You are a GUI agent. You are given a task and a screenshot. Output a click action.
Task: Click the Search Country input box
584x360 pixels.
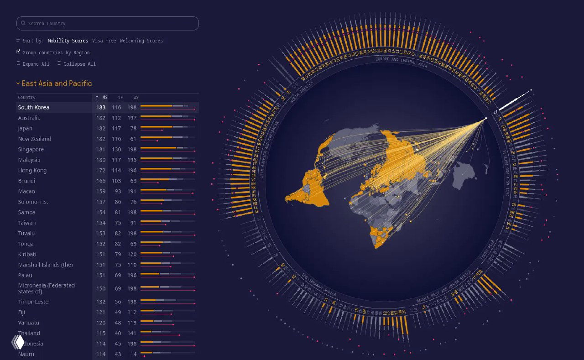tap(107, 23)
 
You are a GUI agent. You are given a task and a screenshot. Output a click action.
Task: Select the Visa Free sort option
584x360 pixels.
tap(104, 41)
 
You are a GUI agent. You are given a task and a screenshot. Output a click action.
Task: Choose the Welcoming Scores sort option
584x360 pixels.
tap(141, 41)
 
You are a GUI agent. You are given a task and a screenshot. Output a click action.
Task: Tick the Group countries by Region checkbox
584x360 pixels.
tap(19, 52)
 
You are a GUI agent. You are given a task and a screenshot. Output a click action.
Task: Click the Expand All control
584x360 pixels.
tap(33, 64)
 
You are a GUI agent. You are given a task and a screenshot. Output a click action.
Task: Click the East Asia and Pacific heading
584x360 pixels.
tap(57, 83)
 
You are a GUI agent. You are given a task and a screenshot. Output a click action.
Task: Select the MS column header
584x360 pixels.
tap(102, 97)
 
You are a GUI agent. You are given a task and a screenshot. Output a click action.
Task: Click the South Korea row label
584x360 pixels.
tap(34, 107)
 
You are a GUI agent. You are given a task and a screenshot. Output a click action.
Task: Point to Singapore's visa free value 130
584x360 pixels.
tap(116, 149)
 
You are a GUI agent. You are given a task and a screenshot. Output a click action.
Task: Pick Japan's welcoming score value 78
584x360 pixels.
tap(133, 128)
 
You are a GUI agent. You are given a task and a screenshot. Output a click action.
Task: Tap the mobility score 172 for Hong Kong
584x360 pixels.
tap(100, 170)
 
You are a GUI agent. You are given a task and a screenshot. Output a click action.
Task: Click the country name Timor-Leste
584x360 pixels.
tap(33, 302)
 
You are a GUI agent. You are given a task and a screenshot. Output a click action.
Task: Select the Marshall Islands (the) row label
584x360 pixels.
tap(45, 265)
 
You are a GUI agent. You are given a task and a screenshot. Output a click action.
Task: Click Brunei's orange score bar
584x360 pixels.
tap(155, 179)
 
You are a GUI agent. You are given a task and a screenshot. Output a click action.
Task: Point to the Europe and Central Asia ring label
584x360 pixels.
tap(401, 62)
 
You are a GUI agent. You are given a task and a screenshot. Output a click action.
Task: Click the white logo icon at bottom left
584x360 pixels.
tap(18, 342)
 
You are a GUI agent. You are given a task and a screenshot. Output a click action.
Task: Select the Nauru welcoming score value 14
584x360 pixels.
tap(133, 354)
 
